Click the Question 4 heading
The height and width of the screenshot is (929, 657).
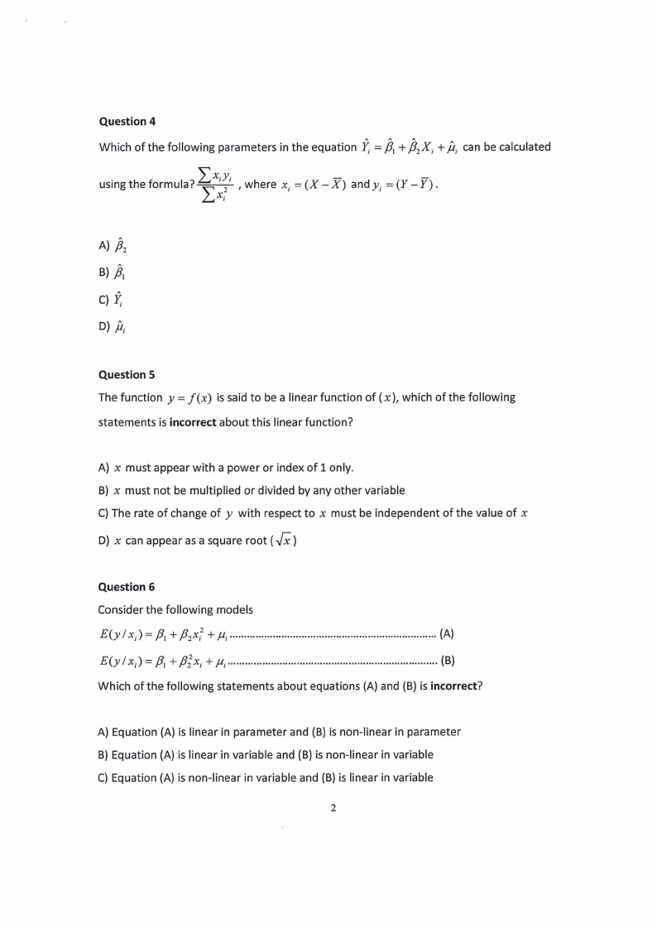(x=127, y=122)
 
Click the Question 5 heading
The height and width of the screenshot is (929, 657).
(x=127, y=374)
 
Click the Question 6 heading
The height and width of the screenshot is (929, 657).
(x=127, y=587)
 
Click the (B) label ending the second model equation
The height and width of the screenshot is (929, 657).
(x=447, y=661)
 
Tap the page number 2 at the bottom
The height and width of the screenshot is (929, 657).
(x=333, y=809)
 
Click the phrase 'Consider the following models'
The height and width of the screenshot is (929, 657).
(x=175, y=610)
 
